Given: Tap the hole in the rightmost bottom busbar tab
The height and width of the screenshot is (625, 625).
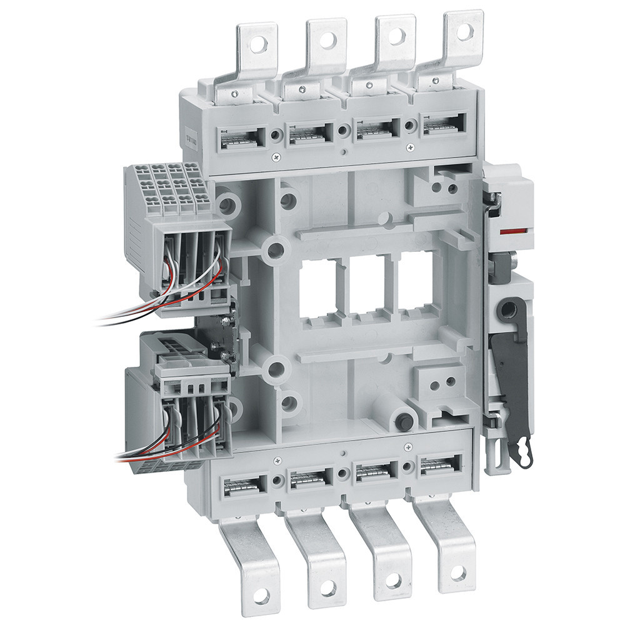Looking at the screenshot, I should pyautogui.click(x=458, y=572).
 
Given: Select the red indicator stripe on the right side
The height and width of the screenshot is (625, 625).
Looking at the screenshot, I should pyautogui.click(x=512, y=231).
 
